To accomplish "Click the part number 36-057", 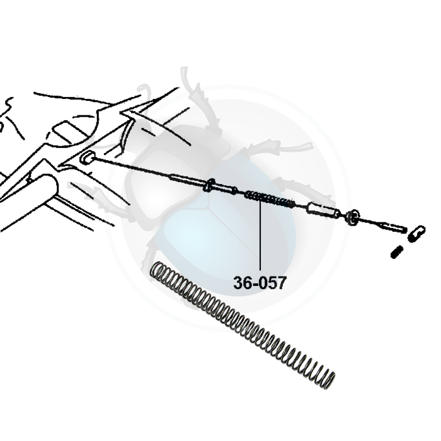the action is [x=260, y=283].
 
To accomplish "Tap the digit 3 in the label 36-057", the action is [x=238, y=283].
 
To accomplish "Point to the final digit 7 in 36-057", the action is [x=282, y=283].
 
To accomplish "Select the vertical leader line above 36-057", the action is [x=260, y=236].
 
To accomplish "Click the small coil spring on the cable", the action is [x=270, y=199].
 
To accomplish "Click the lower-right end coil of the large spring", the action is [x=329, y=381].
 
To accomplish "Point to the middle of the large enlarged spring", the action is [x=243, y=326].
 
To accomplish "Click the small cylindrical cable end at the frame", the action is [x=86, y=157].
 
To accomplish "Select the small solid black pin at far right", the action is [x=397, y=251].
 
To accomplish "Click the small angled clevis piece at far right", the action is [x=416, y=233].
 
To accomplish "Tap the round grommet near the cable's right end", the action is [x=352, y=217].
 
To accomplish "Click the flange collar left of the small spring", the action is [x=210, y=185].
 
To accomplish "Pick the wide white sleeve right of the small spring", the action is [x=323, y=210].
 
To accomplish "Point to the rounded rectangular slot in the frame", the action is [x=67, y=132].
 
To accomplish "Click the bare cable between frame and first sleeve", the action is [x=132, y=168].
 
